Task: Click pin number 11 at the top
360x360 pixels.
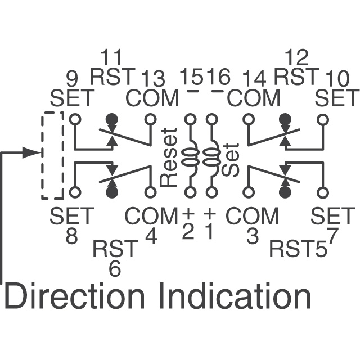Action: pyautogui.click(x=111, y=57)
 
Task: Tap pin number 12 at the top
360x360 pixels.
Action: pyautogui.click(x=296, y=57)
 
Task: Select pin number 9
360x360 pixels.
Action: pyautogui.click(x=72, y=79)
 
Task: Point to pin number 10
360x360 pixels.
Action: pyautogui.click(x=337, y=79)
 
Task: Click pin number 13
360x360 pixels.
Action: pyautogui.click(x=153, y=79)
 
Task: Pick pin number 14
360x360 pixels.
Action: pyautogui.click(x=254, y=79)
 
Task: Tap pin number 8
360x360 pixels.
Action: pyautogui.click(x=72, y=236)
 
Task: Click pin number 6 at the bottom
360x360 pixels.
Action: pyautogui.click(x=115, y=269)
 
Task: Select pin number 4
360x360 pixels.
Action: pyautogui.click(x=151, y=236)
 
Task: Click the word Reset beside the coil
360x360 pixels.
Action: pyautogui.click(x=169, y=157)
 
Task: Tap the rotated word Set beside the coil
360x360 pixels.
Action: pyautogui.click(x=231, y=160)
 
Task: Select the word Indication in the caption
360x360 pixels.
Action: pyautogui.click(x=238, y=296)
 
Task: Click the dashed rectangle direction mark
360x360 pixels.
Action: pyautogui.click(x=52, y=155)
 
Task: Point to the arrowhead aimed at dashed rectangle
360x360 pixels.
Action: pyautogui.click(x=31, y=152)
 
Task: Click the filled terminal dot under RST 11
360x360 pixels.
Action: pyautogui.click(x=112, y=119)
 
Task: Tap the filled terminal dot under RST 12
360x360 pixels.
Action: pyautogui.click(x=285, y=119)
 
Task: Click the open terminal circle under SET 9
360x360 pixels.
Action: pyautogui.click(x=75, y=119)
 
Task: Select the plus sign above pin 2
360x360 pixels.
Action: pyautogui.click(x=189, y=214)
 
